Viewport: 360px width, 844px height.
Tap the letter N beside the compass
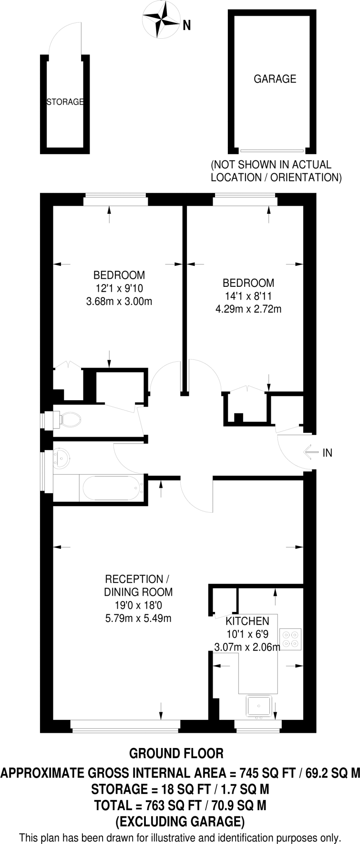click(187, 26)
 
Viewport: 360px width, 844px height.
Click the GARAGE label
click(275, 79)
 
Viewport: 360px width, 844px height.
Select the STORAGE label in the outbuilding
click(65, 102)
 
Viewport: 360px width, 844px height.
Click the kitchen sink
click(258, 706)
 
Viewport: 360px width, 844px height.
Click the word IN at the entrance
click(327, 453)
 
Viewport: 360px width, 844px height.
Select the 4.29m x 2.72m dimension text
click(248, 308)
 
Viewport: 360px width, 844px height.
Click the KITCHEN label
click(247, 621)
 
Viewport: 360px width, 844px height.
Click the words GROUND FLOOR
click(176, 753)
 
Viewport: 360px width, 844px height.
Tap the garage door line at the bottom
click(272, 150)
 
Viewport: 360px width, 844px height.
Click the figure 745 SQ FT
click(267, 773)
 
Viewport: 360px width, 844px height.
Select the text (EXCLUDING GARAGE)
click(180, 821)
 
